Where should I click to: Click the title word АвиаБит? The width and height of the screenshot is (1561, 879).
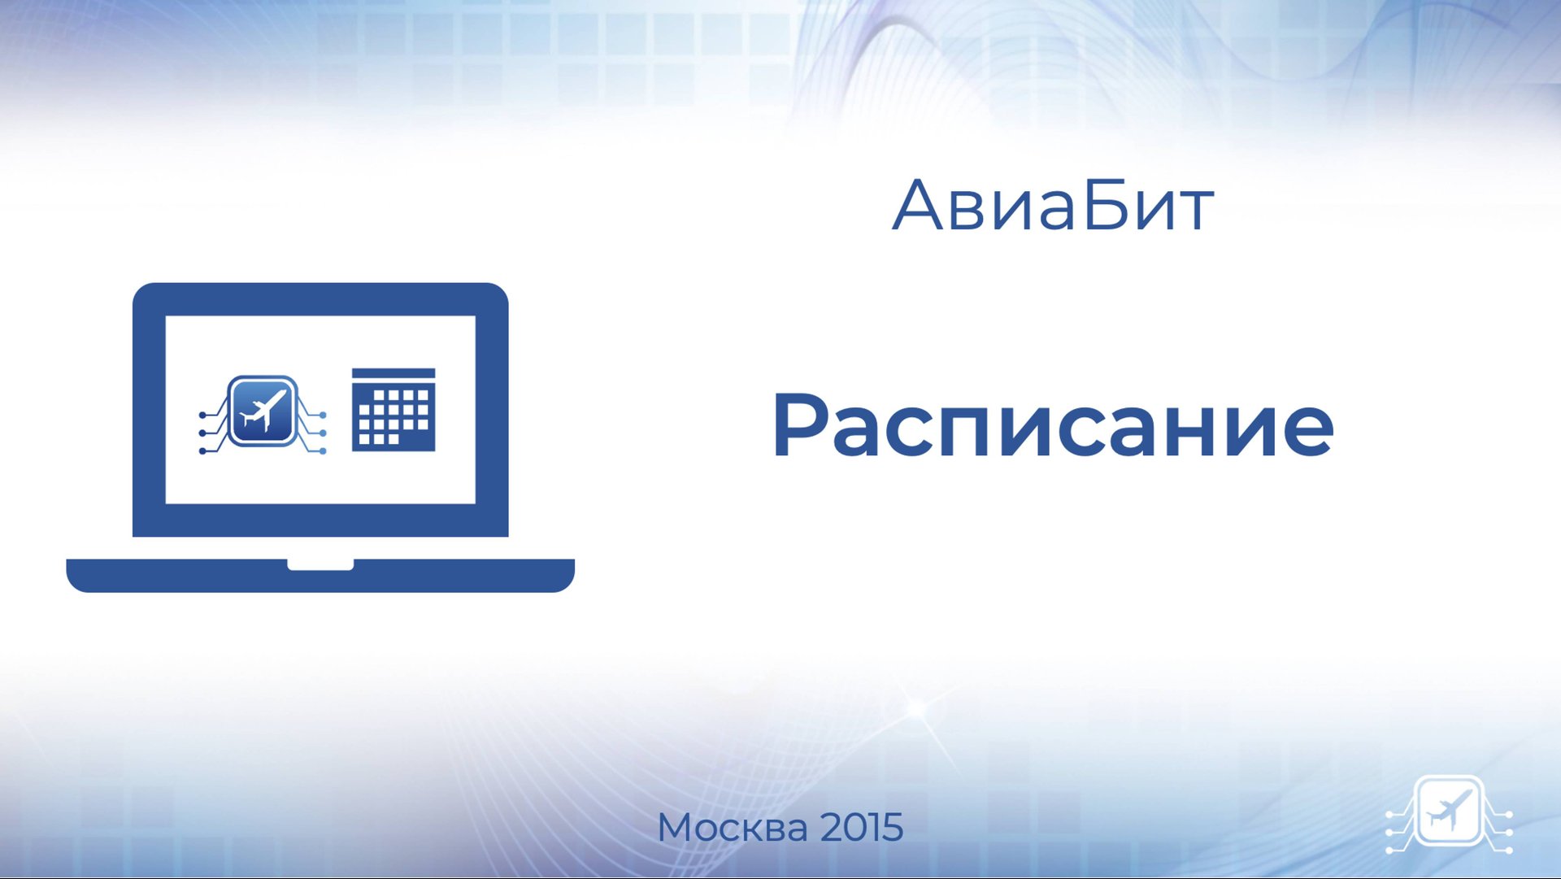tap(1053, 205)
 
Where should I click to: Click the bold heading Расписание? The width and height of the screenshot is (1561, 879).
tap(1053, 426)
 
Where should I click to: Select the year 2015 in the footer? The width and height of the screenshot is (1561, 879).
tap(862, 828)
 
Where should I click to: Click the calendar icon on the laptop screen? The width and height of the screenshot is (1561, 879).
tap(394, 410)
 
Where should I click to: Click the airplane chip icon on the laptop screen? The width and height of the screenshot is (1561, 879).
tap(263, 411)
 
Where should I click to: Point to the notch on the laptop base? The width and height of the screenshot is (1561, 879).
tap(320, 564)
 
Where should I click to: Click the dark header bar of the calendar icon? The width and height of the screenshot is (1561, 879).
tap(394, 374)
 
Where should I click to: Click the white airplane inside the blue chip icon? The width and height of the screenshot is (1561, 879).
tap(263, 410)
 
